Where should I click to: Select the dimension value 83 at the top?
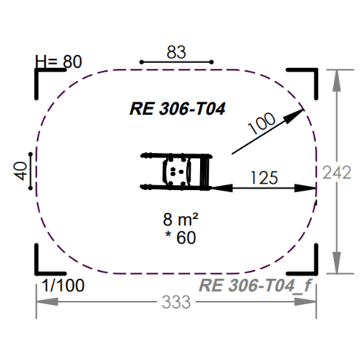coord(176,52)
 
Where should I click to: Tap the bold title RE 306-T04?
coord(177,109)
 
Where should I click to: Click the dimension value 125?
coord(264,177)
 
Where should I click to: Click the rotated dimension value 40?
coord(21,171)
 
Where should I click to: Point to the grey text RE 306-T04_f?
coord(254,284)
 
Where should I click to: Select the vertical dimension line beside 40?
coord(31,171)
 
